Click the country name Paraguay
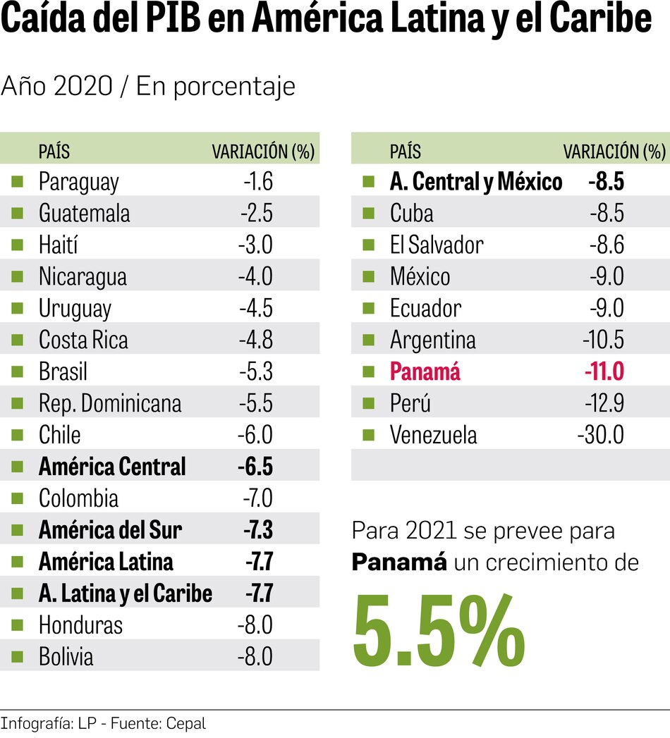(x=78, y=182)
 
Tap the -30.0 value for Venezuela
(x=600, y=436)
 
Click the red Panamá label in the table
(x=425, y=372)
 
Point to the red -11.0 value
(x=603, y=372)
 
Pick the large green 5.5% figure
(x=439, y=632)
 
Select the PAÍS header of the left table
(x=54, y=152)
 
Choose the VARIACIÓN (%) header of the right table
(x=614, y=152)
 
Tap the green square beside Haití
(x=17, y=245)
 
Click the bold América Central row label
(x=112, y=467)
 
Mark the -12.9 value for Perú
(x=604, y=404)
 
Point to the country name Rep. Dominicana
(x=110, y=404)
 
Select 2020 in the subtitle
(x=83, y=87)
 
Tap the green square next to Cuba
(x=367, y=214)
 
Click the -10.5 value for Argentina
(x=603, y=340)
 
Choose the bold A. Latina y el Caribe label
(x=125, y=594)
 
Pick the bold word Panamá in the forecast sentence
(x=399, y=562)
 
